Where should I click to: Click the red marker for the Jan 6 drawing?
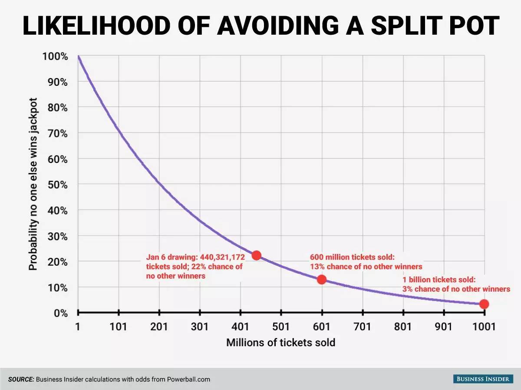click(256, 255)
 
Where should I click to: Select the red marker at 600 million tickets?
click(321, 279)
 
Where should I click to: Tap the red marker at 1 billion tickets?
click(484, 304)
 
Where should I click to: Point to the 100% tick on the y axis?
click(55, 56)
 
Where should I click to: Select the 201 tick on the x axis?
click(158, 327)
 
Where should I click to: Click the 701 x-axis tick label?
click(362, 327)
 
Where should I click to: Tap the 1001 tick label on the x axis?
click(483, 327)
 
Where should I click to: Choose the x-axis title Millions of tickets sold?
click(280, 343)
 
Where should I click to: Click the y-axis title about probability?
click(33, 184)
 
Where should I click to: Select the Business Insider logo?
click(482, 379)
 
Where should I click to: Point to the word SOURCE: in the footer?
click(21, 379)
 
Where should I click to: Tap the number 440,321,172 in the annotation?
click(222, 257)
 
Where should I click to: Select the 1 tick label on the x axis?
click(78, 327)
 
